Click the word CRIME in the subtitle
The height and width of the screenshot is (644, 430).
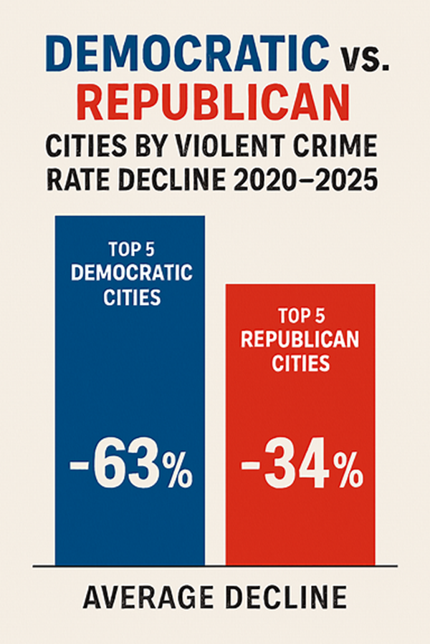point(337,146)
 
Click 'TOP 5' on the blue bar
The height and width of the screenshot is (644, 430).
point(130,250)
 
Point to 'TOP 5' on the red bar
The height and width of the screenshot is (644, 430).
point(300,316)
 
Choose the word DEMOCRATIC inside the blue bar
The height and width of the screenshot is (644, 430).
point(130,273)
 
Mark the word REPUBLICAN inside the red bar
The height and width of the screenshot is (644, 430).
point(300,339)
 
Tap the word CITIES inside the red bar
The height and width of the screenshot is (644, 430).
point(300,363)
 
